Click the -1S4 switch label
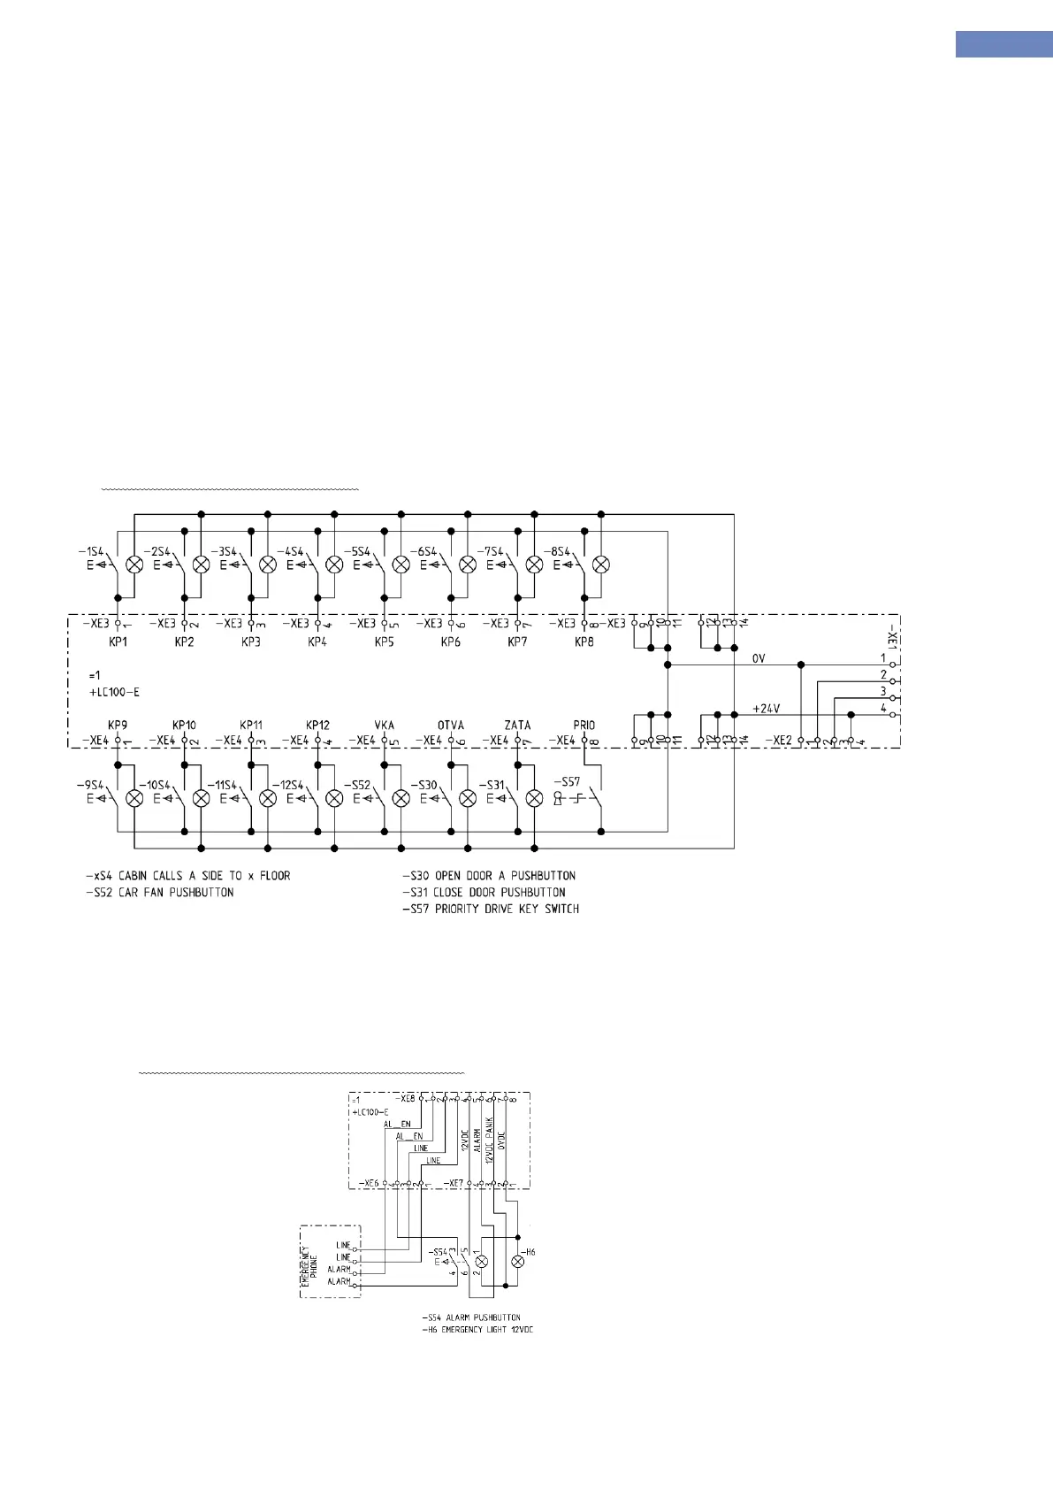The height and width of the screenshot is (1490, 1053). tap(90, 552)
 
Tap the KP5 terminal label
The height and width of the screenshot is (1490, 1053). tap(384, 642)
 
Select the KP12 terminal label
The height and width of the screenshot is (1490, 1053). tap(317, 726)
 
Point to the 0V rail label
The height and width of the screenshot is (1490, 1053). tap(759, 658)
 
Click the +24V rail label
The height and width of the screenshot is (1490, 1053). tap(766, 709)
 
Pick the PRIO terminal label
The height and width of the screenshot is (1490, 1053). tap(584, 726)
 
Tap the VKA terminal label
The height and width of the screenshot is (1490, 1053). tap(384, 726)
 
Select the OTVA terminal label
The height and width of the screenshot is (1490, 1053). tap(451, 726)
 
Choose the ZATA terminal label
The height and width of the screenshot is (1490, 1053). tap(517, 726)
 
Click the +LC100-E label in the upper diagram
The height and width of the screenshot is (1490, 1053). tap(114, 692)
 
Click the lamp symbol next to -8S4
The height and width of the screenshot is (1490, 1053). tap(601, 564)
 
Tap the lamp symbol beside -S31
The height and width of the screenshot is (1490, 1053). tap(534, 798)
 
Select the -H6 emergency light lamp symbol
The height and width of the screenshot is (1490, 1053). tap(518, 1261)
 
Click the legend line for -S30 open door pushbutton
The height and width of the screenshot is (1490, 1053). tap(489, 876)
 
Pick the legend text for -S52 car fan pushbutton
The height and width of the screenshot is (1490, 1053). tap(164, 893)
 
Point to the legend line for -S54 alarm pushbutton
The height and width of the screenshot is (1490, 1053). tap(471, 1317)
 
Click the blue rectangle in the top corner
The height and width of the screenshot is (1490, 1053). tap(1003, 44)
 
